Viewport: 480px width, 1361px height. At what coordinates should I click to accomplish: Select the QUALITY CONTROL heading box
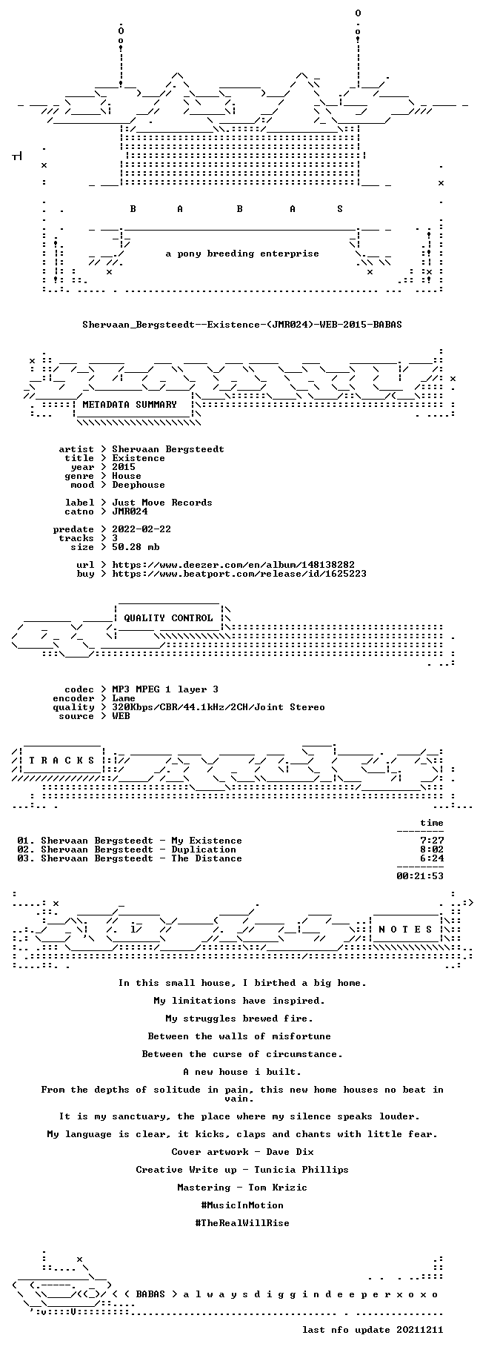(x=168, y=617)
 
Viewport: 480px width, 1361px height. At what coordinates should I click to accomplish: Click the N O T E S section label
(x=405, y=930)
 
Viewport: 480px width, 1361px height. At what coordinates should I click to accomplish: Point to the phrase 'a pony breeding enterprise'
(x=242, y=254)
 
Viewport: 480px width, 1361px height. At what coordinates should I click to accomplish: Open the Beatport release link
(x=239, y=574)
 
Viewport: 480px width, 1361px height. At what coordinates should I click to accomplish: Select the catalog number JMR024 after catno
(x=130, y=511)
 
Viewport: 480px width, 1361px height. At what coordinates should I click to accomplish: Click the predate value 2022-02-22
(x=141, y=529)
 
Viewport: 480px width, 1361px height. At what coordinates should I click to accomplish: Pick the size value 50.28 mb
(x=136, y=547)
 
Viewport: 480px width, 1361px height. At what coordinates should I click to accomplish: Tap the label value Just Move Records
(x=162, y=503)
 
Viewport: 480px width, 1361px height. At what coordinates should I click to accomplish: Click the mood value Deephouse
(x=139, y=485)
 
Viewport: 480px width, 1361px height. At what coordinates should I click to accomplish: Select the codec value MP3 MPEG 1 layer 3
(x=165, y=689)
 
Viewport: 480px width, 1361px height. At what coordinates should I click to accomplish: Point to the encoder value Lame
(x=124, y=698)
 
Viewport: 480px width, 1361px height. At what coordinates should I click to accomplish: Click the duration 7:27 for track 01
(x=432, y=841)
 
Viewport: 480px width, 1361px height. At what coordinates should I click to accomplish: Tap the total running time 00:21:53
(x=420, y=876)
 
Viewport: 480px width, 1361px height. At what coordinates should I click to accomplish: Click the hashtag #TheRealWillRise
(x=242, y=1223)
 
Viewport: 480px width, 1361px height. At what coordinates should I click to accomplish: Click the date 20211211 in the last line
(x=420, y=1330)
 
